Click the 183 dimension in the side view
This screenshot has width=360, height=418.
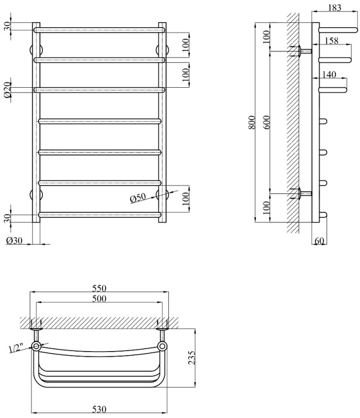[x=335, y=7]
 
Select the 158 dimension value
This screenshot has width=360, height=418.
[x=331, y=40]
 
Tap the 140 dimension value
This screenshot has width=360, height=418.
[x=329, y=75]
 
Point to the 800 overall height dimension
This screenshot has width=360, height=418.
[x=252, y=122]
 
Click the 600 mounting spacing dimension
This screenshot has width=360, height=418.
[x=268, y=122]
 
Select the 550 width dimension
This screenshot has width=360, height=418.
[x=99, y=288]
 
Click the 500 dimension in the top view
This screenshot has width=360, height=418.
[x=99, y=299]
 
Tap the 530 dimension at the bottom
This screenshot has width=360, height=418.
[x=99, y=408]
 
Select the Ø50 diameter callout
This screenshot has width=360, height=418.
[x=137, y=198]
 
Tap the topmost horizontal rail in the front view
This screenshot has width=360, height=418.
[x=100, y=30]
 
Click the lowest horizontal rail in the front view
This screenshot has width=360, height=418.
[x=100, y=214]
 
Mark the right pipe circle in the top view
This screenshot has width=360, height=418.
[x=163, y=346]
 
